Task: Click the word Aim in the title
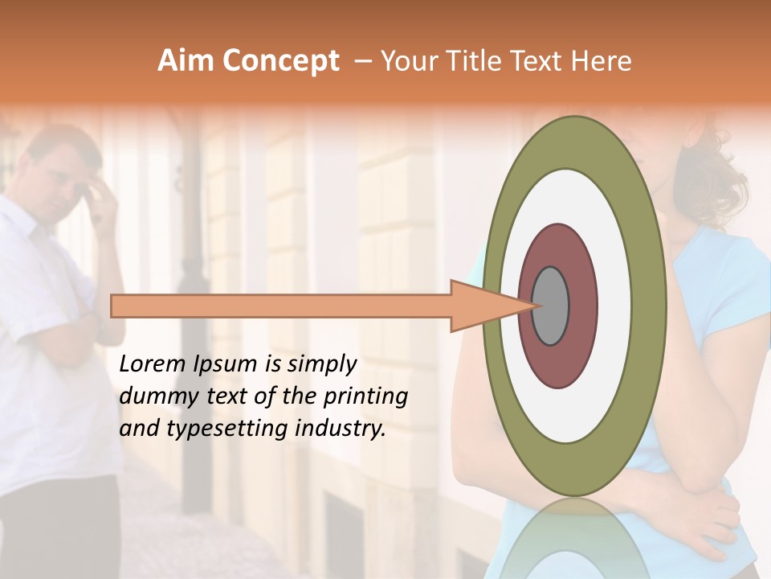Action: pyautogui.click(x=185, y=61)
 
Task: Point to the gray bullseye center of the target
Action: pyautogui.click(x=550, y=306)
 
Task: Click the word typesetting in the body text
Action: pyautogui.click(x=223, y=429)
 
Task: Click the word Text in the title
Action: pyautogui.click(x=536, y=61)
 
